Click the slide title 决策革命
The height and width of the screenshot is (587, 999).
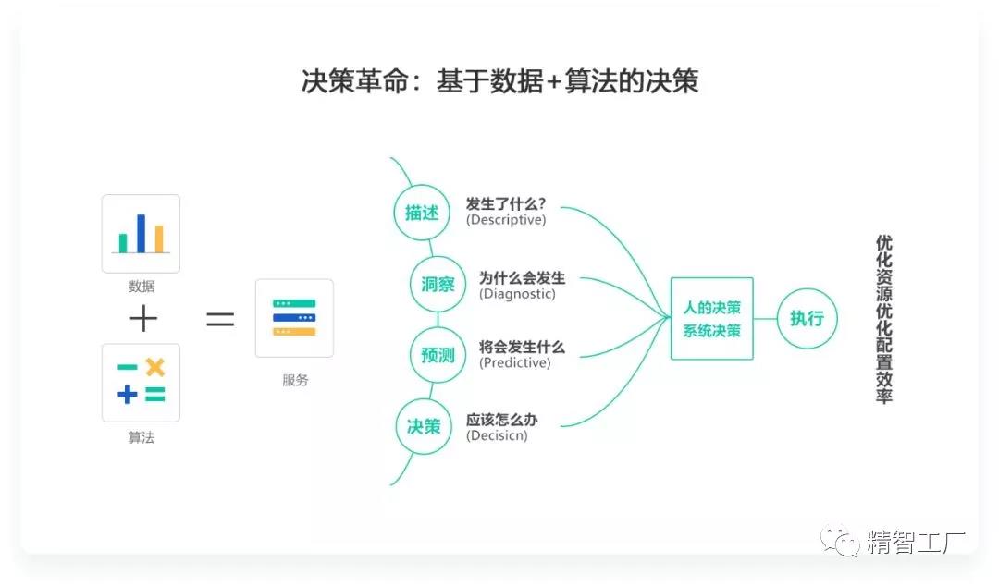point(499,81)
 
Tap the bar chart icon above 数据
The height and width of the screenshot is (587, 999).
point(141,233)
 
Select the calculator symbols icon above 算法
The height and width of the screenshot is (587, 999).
point(141,382)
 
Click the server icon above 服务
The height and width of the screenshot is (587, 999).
point(294,318)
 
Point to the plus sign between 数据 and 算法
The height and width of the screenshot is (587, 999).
point(143,319)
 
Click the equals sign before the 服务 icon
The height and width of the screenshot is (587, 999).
point(219,319)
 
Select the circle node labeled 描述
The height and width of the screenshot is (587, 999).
point(422,212)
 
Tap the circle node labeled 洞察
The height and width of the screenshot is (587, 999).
point(438,284)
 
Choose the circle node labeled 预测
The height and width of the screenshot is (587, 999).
point(438,355)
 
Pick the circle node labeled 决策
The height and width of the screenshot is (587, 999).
point(424,426)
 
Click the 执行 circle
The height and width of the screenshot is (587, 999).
point(807,318)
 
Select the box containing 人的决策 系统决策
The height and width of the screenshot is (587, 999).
point(711,318)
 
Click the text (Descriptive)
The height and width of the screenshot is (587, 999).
point(506,220)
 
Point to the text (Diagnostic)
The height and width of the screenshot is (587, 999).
point(517,294)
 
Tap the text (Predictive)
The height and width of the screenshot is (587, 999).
point(514,363)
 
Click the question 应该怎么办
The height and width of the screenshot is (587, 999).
point(501,420)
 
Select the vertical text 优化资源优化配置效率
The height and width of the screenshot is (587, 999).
point(883,319)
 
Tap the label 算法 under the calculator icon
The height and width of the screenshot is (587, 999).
point(142,437)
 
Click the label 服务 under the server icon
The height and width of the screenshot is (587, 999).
point(295,380)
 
